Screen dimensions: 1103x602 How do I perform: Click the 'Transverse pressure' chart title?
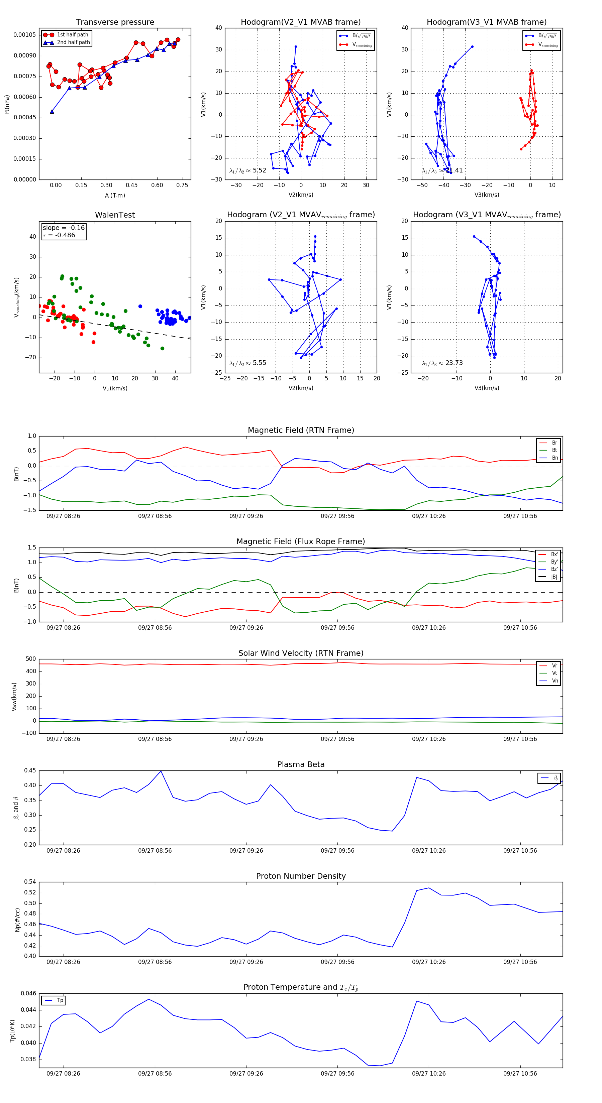click(x=115, y=22)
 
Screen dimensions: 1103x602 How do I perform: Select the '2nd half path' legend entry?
click(x=73, y=42)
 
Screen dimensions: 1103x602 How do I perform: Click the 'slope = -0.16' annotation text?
click(x=64, y=228)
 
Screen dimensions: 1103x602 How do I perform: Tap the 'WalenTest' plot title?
click(x=115, y=215)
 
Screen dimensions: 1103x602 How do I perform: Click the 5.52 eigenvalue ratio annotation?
click(x=247, y=170)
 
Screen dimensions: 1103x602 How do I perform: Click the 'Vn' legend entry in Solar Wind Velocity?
click(x=555, y=681)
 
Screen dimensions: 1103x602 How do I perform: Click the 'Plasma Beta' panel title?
click(x=301, y=765)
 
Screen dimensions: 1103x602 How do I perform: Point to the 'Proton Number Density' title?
click(x=301, y=876)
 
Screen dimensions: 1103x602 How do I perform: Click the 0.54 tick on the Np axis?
click(x=30, y=882)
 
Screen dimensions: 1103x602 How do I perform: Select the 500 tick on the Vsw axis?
click(x=31, y=659)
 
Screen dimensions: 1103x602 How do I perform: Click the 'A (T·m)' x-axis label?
click(x=115, y=196)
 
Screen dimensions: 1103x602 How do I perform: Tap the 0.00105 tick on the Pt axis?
click(x=25, y=35)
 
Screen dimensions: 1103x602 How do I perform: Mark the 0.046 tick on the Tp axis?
click(x=29, y=993)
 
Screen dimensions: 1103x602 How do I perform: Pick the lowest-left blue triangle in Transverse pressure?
click(x=52, y=111)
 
